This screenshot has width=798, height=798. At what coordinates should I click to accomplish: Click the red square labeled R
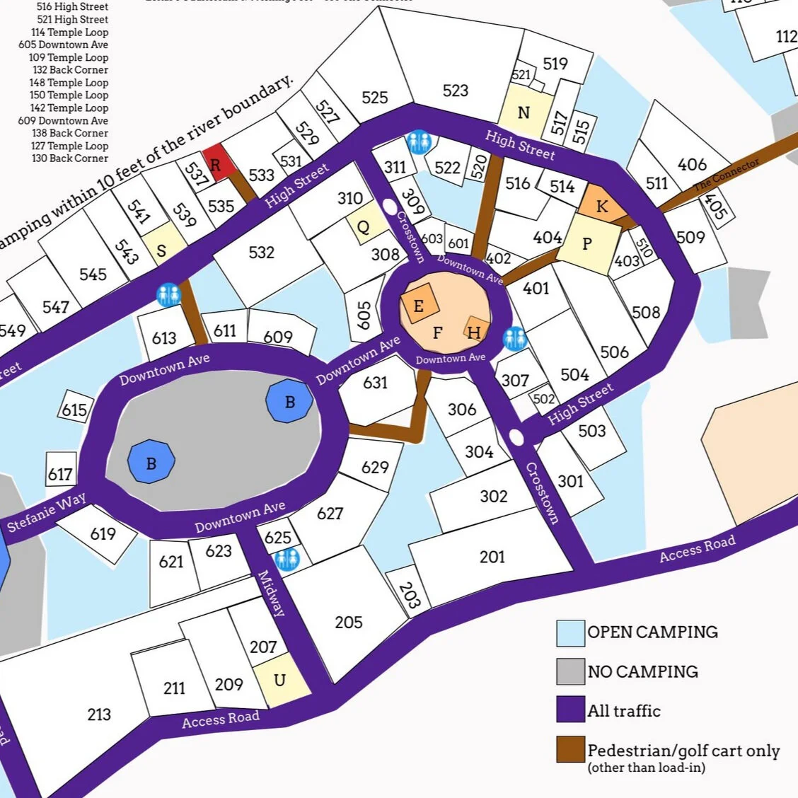(216, 163)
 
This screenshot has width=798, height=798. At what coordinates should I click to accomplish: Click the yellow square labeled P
(586, 244)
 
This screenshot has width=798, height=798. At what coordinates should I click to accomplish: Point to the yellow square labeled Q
(363, 227)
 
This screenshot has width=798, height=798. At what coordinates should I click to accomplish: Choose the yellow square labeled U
(281, 681)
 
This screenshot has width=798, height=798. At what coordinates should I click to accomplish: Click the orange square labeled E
(419, 306)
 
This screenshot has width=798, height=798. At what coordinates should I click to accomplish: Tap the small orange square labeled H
(475, 332)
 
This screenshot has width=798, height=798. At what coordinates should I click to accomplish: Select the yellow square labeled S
(162, 250)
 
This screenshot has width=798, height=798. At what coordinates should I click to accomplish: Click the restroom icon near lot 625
(287, 559)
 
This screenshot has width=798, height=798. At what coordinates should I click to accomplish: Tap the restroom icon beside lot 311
(419, 141)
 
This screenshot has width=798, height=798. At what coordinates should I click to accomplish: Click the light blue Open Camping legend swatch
(570, 632)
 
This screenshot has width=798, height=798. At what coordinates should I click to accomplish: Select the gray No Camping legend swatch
(570, 671)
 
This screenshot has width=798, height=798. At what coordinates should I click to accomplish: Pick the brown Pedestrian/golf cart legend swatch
(570, 750)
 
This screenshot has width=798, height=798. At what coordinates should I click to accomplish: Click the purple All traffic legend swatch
(570, 710)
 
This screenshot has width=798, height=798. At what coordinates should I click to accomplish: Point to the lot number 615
(74, 410)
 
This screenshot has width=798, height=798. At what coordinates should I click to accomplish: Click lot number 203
(409, 596)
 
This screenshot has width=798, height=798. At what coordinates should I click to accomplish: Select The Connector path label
(726, 174)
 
